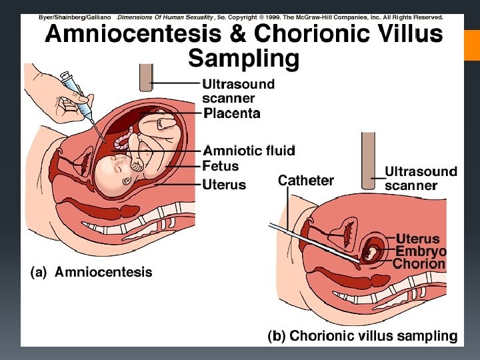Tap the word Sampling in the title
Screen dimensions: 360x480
tap(243, 59)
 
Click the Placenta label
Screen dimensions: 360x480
tap(231, 113)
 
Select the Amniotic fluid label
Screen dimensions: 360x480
tap(249, 150)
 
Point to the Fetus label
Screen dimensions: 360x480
tap(220, 166)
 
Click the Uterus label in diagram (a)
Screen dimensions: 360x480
tap(224, 184)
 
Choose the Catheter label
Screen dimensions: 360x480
tap(305, 181)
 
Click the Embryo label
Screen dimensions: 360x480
tap(421, 251)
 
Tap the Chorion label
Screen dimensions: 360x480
tap(418, 264)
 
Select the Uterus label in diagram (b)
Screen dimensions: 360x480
tap(418, 239)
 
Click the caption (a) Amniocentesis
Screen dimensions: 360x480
tap(92, 272)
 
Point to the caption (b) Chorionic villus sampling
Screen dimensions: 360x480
tap(363, 336)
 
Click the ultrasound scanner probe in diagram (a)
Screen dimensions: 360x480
tap(145, 77)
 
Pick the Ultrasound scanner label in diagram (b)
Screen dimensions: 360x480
tap(421, 178)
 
